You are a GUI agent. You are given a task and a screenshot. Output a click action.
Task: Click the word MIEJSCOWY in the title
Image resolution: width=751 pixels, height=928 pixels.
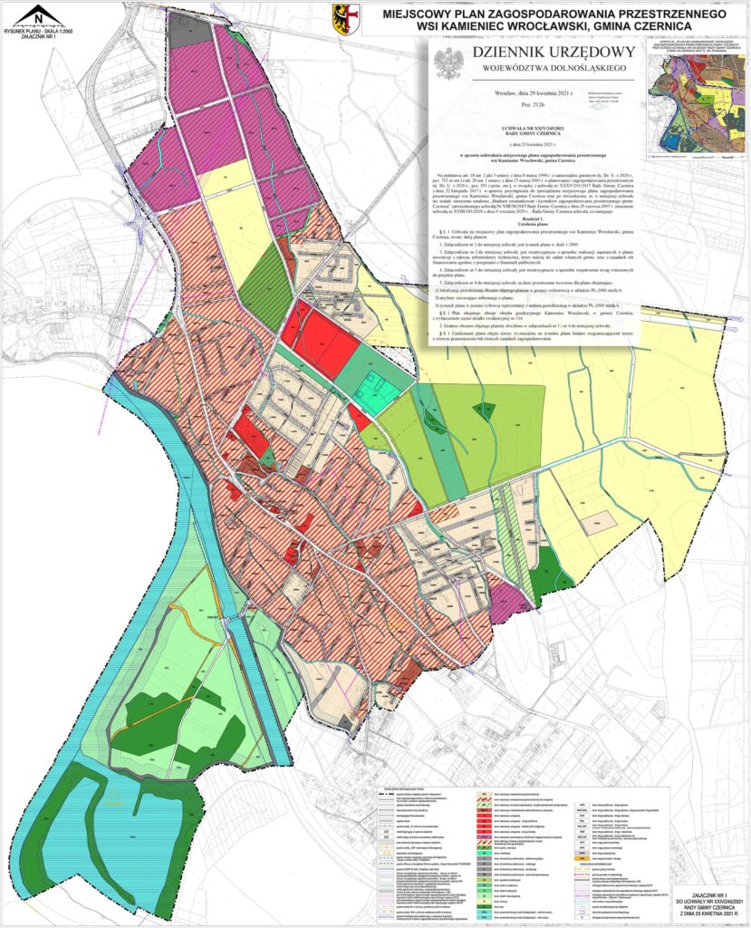[x=424, y=14]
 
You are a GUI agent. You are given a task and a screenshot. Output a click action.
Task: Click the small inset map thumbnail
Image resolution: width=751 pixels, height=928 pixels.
[x=698, y=110]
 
